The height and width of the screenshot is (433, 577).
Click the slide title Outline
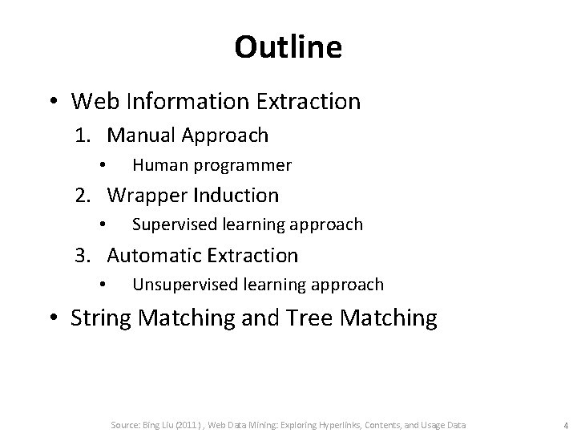288,48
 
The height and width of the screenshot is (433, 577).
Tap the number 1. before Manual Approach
85,136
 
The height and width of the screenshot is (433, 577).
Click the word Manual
140,136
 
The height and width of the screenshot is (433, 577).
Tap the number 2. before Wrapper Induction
85,195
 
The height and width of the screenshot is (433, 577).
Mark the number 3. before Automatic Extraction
85,256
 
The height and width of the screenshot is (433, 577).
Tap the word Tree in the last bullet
313,318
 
